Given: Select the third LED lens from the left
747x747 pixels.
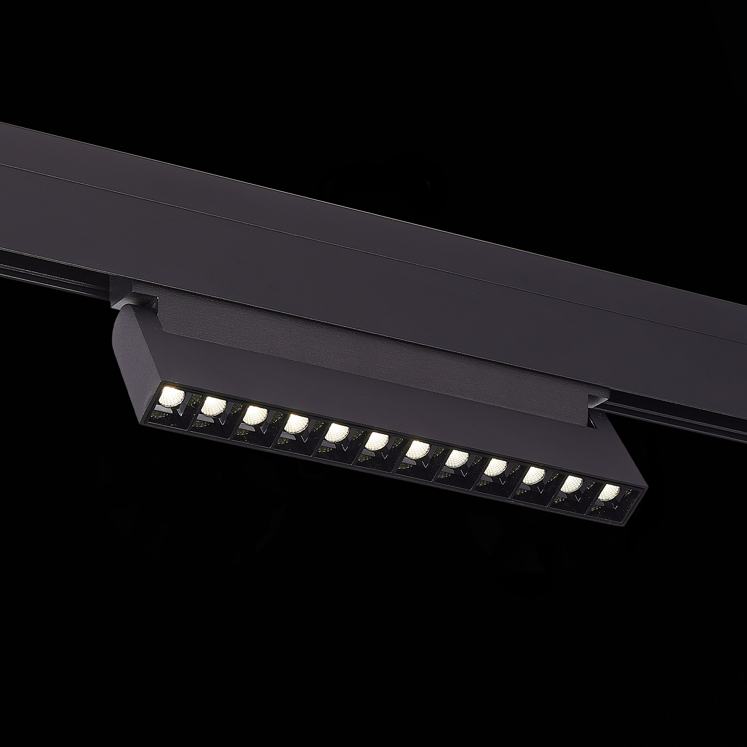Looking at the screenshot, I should [x=254, y=415].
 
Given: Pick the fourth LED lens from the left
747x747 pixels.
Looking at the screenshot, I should [x=295, y=424].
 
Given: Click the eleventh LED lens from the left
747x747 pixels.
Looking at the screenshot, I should [x=572, y=484].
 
